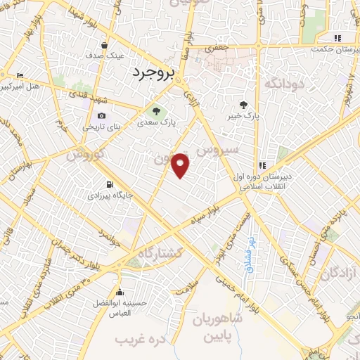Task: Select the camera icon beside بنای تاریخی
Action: click(102, 116)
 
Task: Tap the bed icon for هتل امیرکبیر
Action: click(19, 75)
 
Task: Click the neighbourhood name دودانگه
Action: click(283, 83)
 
